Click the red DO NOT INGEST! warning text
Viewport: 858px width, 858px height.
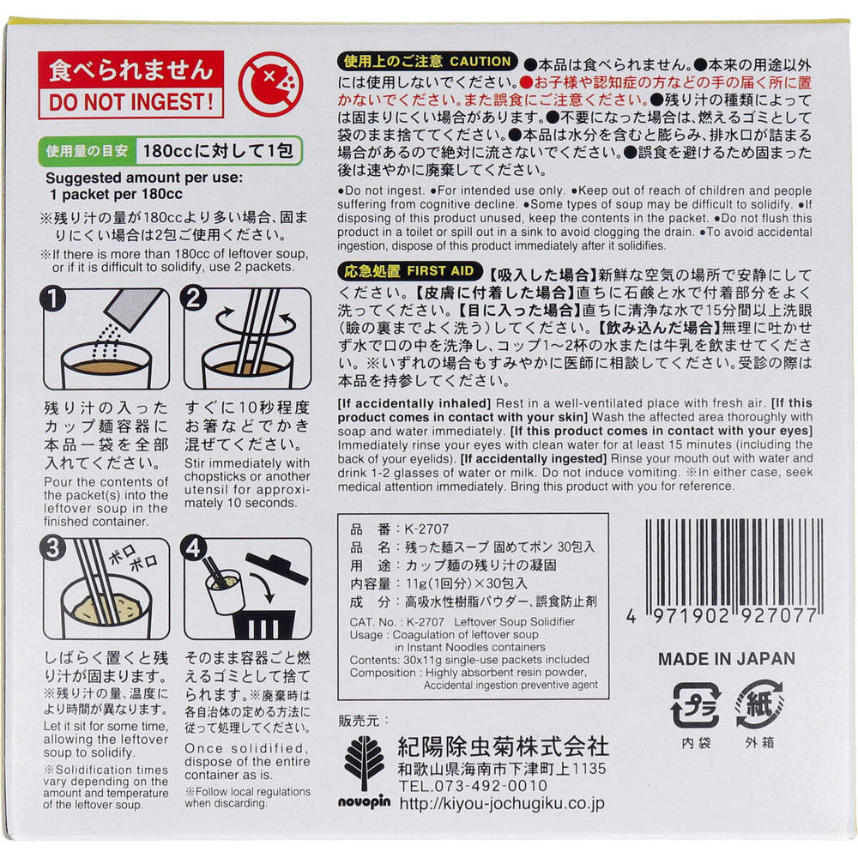tap(131, 102)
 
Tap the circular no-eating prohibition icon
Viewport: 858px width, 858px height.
tap(270, 84)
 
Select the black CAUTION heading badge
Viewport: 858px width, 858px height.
tap(427, 61)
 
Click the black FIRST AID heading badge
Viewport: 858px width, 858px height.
tap(409, 271)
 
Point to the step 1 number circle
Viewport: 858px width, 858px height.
tap(53, 299)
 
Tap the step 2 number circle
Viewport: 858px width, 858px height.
tap(194, 299)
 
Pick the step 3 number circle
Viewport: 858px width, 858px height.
tap(53, 549)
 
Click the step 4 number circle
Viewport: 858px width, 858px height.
tap(194, 549)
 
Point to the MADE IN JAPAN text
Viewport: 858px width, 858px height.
tap(726, 659)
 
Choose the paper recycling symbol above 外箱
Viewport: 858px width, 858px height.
tap(759, 704)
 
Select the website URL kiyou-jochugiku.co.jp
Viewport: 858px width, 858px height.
tap(502, 803)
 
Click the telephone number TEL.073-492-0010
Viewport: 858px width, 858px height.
tap(473, 786)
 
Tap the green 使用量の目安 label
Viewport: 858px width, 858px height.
tap(87, 151)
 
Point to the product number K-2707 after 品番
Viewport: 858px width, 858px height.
tap(426, 529)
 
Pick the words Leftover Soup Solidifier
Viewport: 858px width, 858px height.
tap(514, 621)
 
